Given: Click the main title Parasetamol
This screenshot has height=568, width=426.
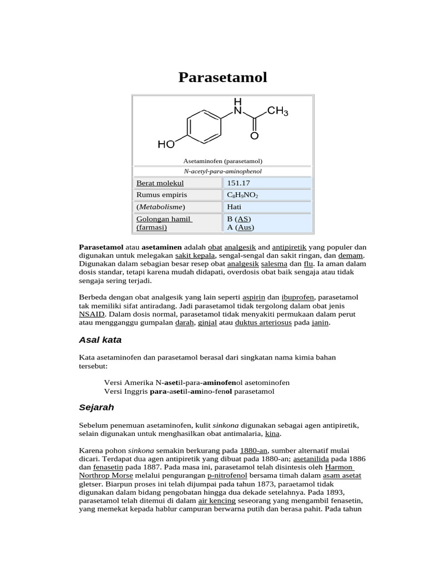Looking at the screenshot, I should coord(222,78).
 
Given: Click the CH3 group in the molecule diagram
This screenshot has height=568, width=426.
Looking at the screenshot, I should coord(277,112).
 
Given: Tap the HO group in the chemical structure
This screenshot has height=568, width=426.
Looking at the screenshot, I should coord(166,145).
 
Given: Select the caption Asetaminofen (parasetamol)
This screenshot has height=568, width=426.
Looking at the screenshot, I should coord(222,161).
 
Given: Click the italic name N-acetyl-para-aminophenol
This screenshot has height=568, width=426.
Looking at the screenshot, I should coord(222,171).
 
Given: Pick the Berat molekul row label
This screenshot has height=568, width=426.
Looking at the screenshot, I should coord(160,183).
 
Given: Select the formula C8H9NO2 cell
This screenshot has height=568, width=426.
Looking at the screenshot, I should coord(242,195).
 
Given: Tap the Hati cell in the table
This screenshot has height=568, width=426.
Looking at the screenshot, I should coord(234,207).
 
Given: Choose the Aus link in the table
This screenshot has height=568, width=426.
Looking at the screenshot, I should coord(244,227).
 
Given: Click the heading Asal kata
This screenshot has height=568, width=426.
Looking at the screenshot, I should coord(100,339).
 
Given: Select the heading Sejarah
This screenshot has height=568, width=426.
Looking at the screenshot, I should coord(97,407).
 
